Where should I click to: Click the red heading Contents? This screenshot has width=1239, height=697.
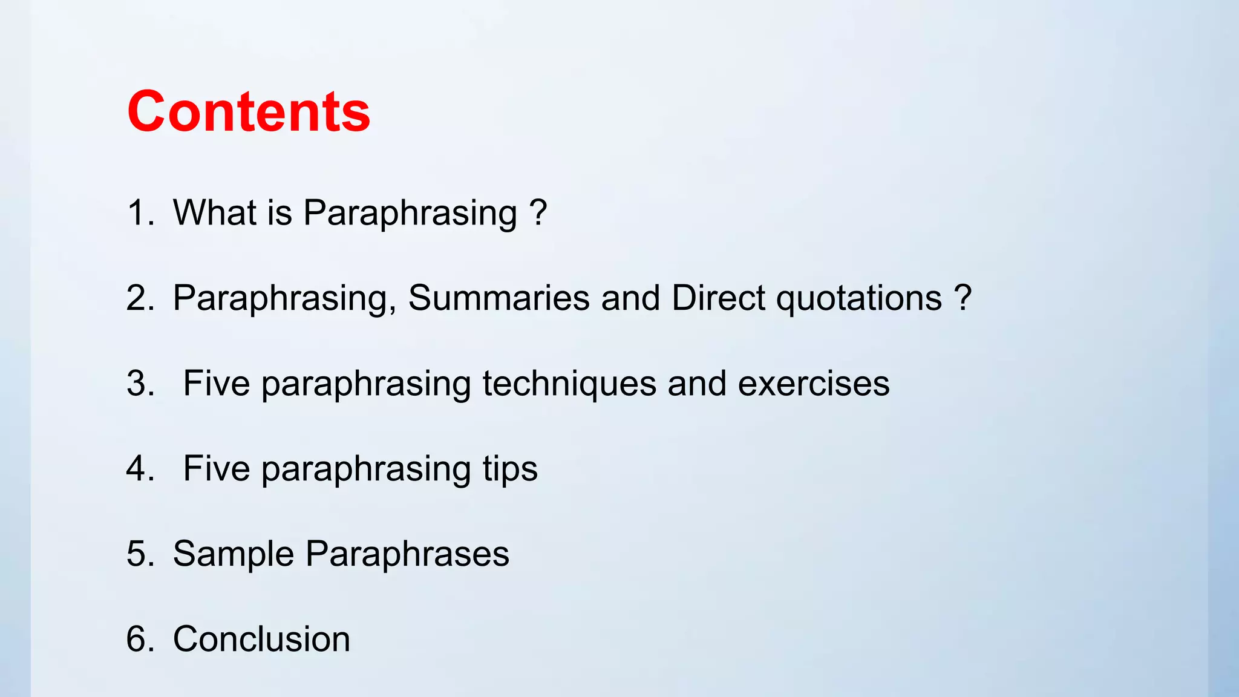click(248, 111)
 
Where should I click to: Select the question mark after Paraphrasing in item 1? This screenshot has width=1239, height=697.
click(538, 213)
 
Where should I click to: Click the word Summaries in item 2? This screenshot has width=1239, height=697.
click(499, 298)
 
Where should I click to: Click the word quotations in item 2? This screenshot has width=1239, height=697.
click(859, 298)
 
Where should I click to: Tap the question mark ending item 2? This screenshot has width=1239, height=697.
click(963, 298)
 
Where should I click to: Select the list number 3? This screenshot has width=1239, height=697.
click(140, 384)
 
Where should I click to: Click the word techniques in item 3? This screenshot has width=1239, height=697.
click(569, 384)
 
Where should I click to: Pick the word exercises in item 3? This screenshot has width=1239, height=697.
click(814, 384)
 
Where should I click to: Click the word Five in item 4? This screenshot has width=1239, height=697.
click(216, 469)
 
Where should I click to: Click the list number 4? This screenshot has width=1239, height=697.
click(140, 469)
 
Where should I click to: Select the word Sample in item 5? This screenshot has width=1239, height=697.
click(233, 554)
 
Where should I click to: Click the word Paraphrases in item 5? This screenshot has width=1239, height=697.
click(407, 554)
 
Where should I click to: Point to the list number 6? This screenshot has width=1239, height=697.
click(140, 640)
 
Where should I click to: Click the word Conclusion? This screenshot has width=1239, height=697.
click(261, 640)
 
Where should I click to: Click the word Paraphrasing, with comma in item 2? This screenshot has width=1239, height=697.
click(284, 298)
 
